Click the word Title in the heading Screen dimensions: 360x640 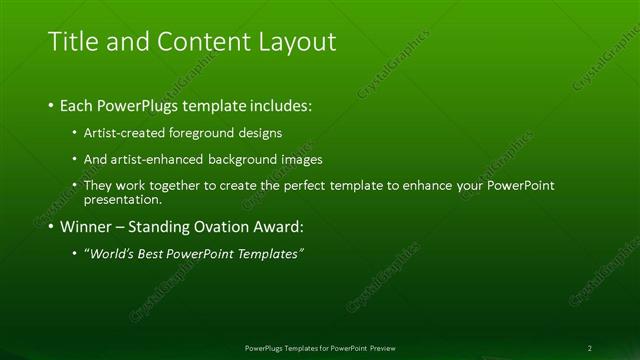click(x=72, y=42)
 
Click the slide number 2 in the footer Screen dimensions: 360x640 click(x=590, y=348)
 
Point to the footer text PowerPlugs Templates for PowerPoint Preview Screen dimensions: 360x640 click(x=319, y=348)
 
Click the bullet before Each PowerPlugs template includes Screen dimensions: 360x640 click(x=51, y=105)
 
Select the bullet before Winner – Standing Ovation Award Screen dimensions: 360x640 click(x=51, y=227)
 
